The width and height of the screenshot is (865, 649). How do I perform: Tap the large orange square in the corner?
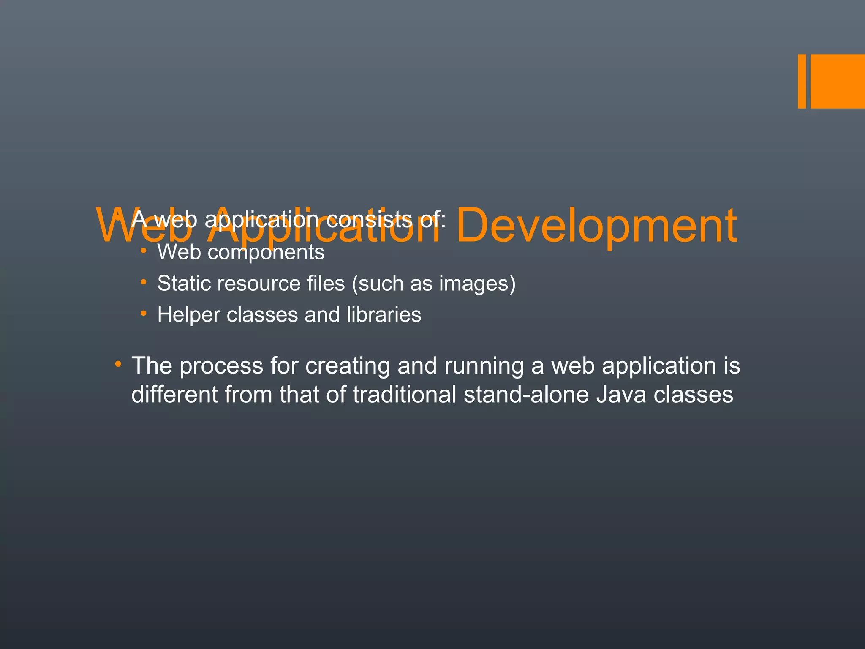838,81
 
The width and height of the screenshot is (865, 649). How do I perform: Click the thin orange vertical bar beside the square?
802,81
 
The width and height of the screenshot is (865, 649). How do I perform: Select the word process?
221,366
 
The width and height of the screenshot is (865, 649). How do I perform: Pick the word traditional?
405,395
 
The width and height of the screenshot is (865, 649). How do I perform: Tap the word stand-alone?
526,395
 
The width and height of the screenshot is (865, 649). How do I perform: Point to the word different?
174,395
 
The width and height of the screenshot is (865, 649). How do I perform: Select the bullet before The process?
118,364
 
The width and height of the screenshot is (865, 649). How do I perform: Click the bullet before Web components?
144,251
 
